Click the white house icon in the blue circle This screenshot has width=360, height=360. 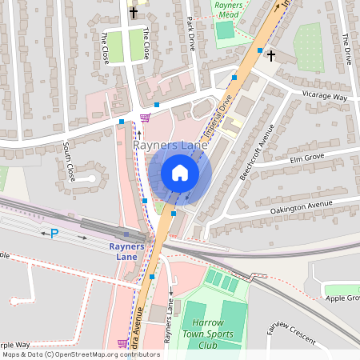[x=180, y=173]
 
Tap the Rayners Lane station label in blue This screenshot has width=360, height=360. [x=126, y=251]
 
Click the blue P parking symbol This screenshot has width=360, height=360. [x=54, y=234]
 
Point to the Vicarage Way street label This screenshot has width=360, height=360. [x=324, y=97]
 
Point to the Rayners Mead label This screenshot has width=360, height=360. [x=229, y=9]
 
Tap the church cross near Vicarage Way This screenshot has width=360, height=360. [x=271, y=55]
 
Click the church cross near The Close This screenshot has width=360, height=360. [x=134, y=12]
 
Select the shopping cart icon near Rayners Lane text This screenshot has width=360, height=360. [x=145, y=118]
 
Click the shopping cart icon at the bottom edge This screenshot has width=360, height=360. [x=123, y=343]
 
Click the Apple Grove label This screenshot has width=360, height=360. [x=342, y=298]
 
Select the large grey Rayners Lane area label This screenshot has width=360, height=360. [x=170, y=146]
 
